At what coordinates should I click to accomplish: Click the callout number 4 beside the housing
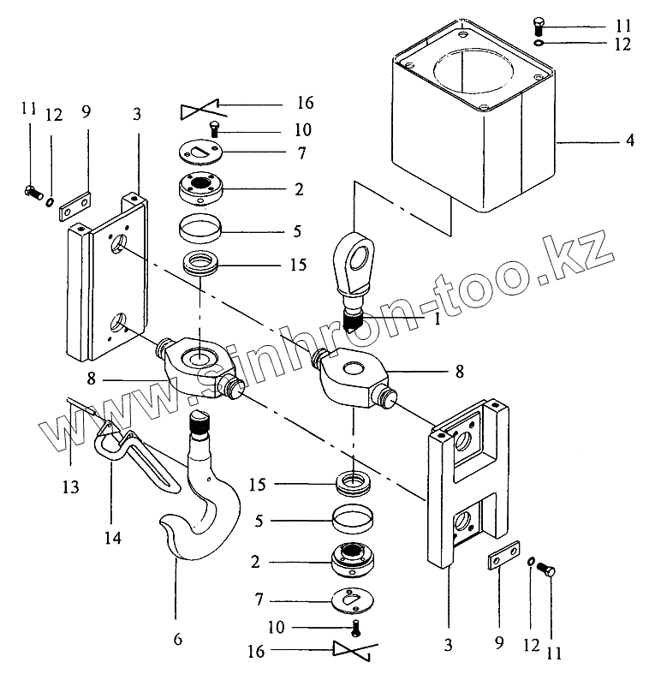(629, 139)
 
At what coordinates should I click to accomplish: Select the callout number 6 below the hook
(177, 640)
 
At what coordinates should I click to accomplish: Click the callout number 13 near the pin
(70, 486)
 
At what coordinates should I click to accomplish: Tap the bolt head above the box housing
(539, 24)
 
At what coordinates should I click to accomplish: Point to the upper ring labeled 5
(201, 230)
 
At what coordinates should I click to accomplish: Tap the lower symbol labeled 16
(354, 652)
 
